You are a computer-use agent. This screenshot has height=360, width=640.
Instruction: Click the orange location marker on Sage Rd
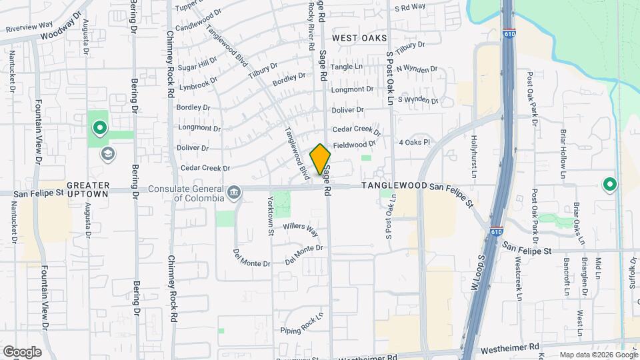tap(320, 159)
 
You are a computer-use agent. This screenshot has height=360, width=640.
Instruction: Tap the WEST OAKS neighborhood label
tap(359, 38)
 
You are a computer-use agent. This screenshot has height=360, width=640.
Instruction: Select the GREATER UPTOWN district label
tap(87, 189)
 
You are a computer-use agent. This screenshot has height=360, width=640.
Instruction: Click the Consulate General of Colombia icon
tap(234, 193)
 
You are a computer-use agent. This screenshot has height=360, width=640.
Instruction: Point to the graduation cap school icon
tap(107, 155)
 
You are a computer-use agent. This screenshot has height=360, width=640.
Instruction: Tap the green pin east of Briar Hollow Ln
tap(609, 184)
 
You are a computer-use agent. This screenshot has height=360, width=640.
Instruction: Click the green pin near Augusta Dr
tap(99, 126)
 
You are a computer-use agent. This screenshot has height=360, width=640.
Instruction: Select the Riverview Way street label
tap(29, 27)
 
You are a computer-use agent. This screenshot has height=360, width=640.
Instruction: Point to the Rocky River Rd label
tap(311, 27)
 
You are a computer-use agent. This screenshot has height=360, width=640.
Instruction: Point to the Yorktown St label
tap(271, 215)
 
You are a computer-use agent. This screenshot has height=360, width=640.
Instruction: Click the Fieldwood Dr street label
tap(355, 145)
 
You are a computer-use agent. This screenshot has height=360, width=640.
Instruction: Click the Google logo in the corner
tap(22, 352)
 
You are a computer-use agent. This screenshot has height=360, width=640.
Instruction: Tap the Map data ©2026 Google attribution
tap(597, 355)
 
